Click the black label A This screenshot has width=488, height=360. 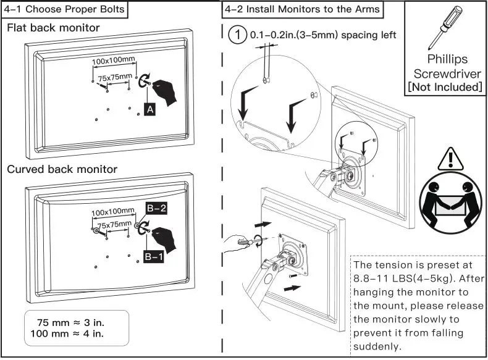(x=150, y=109)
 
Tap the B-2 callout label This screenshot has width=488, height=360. (x=156, y=208)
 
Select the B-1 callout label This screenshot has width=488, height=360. (x=154, y=257)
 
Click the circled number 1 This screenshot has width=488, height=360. (x=238, y=35)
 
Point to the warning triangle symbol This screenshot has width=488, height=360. (x=451, y=159)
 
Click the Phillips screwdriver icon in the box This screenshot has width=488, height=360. (x=445, y=27)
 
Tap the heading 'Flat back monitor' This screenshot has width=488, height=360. (x=53, y=28)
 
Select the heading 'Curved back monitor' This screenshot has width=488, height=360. (x=62, y=169)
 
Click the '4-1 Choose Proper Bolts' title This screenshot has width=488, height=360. (x=64, y=9)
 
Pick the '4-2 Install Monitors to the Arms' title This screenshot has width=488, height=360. (x=302, y=9)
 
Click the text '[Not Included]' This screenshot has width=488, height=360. (x=445, y=87)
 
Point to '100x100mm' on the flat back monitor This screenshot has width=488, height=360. (x=114, y=60)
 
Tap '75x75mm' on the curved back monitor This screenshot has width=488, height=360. (x=114, y=225)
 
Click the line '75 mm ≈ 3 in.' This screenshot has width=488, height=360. (x=70, y=322)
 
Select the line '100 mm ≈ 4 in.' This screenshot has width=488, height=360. (x=67, y=334)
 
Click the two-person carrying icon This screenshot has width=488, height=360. (x=450, y=203)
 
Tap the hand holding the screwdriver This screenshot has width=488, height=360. (x=237, y=243)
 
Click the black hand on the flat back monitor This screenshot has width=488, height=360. (x=164, y=91)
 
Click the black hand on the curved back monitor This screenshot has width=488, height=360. (x=164, y=239)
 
